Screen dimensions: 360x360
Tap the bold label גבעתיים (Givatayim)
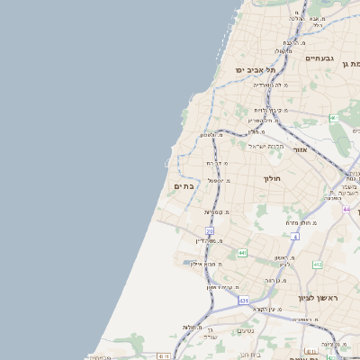click(320, 58)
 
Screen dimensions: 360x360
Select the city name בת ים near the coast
click(183, 185)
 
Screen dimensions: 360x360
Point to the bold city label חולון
click(273, 179)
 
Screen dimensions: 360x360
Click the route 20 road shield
click(209, 231)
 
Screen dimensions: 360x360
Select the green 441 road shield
click(243, 254)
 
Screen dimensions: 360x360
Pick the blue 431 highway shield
click(243, 300)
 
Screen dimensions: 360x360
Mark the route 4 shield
click(295, 236)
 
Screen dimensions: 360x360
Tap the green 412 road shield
click(318, 265)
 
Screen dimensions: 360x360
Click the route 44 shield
click(346, 209)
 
